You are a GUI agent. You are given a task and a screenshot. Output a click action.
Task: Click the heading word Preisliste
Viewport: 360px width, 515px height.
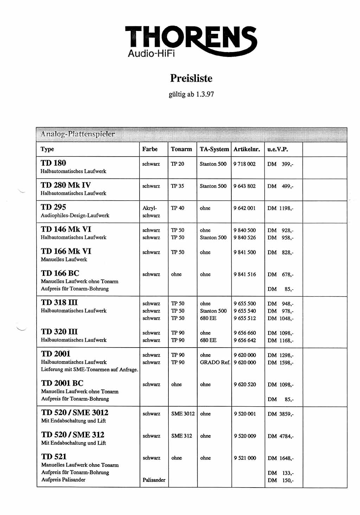tap(191, 78)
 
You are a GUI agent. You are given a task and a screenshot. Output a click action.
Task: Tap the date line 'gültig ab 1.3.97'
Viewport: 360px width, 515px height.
tap(191, 94)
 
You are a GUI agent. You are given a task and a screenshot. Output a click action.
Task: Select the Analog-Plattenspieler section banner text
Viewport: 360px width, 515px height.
tap(78, 134)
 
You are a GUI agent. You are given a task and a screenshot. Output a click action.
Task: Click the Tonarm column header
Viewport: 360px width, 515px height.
tap(181, 149)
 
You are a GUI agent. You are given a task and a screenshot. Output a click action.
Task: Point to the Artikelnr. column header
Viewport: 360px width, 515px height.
tap(247, 149)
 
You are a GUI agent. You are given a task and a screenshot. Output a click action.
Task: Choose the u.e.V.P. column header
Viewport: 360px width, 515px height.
tap(277, 149)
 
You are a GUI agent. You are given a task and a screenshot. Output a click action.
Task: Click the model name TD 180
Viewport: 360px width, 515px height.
tap(53, 163)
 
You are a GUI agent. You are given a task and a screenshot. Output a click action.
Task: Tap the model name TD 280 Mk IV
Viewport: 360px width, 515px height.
tap(66, 185)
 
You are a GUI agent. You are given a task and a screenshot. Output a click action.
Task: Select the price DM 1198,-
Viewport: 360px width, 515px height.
tap(280, 208)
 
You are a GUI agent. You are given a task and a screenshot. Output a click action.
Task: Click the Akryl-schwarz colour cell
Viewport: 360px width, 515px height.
tap(151, 212)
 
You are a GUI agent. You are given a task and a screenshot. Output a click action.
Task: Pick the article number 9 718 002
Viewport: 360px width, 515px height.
tap(244, 164)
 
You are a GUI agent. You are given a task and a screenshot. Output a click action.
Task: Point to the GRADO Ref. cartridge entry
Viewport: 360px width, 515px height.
tap(215, 362)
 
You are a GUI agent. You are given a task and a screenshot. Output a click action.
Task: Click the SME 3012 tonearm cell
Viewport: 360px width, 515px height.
tap(183, 414)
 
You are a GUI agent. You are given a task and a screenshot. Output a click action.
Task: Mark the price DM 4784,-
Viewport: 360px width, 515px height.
tap(280, 436)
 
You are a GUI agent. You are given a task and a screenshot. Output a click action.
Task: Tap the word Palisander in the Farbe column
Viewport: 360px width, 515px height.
tap(154, 480)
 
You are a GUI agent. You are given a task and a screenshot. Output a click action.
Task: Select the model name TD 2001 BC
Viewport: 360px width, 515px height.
tap(62, 383)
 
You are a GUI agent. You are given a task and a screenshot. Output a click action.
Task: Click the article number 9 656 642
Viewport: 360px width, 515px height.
tap(245, 340)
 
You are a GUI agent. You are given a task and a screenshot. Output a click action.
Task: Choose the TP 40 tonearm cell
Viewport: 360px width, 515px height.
tap(178, 208)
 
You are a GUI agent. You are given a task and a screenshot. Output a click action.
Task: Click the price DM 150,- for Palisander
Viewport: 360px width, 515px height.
tap(280, 480)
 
